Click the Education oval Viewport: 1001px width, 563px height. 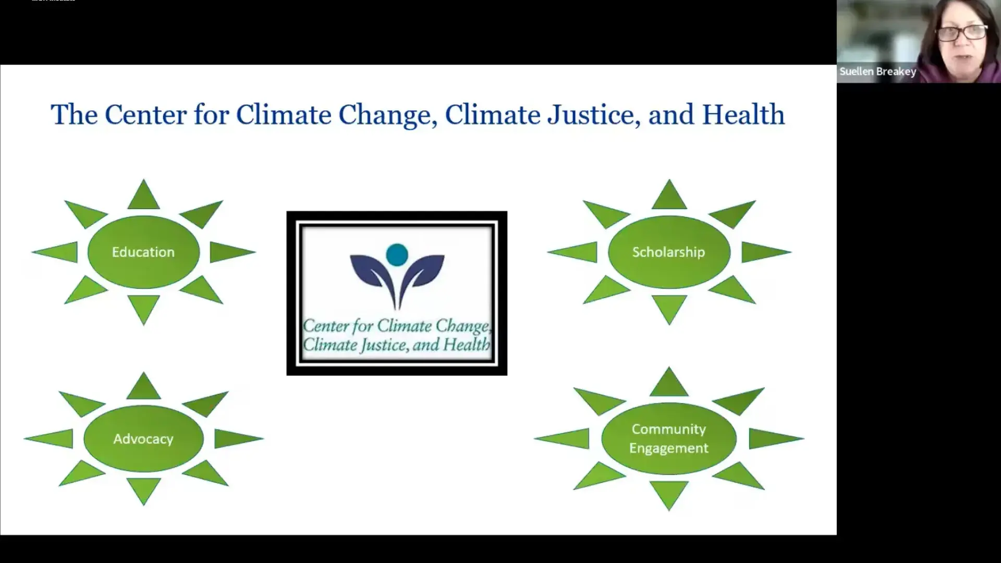[x=143, y=252]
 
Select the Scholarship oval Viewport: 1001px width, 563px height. [x=668, y=252]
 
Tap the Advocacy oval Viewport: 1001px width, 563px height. [x=143, y=439]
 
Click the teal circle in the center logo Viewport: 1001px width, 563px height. [x=397, y=254]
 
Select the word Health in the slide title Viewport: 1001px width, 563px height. [x=743, y=115]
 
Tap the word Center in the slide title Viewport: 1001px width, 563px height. [x=145, y=115]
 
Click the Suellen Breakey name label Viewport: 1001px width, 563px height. [x=877, y=72]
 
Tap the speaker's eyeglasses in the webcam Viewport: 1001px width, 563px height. [x=962, y=33]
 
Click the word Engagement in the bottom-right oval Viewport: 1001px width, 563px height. [x=668, y=448]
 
